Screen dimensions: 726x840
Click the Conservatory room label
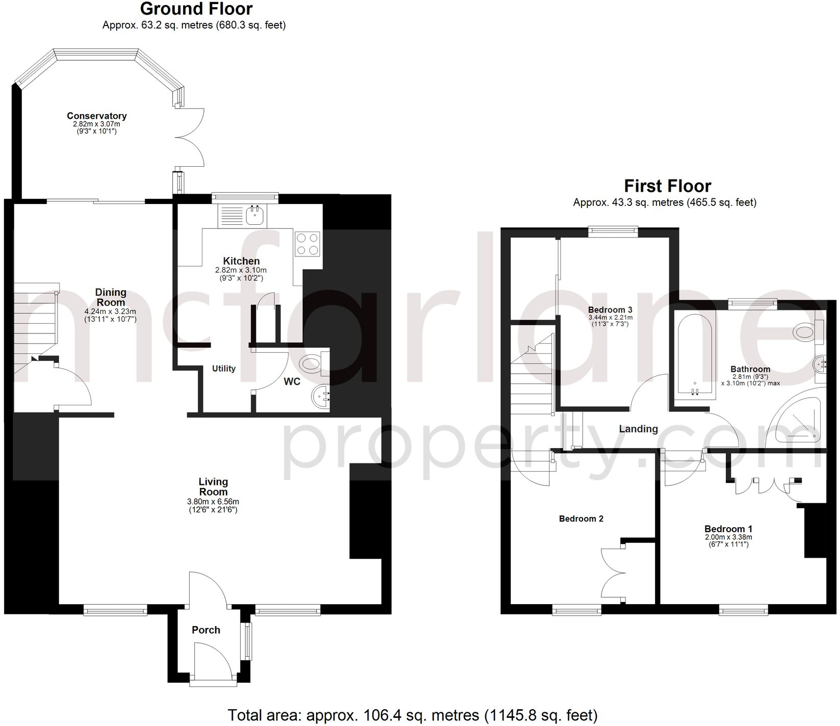point(96,116)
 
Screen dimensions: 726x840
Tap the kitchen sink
point(254,216)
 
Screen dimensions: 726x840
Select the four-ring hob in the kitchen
point(307,243)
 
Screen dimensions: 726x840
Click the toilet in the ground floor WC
point(311,364)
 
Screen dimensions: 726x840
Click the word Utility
point(224,369)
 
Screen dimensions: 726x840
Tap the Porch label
point(206,630)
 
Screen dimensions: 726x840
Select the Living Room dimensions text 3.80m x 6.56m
point(213,502)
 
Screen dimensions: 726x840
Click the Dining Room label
point(111,297)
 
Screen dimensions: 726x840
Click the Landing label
point(638,429)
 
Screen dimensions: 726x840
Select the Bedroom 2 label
point(581,518)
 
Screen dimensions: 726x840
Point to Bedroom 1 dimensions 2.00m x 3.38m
point(728,537)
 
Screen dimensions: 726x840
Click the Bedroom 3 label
point(610,309)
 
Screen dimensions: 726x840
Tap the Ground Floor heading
point(196,9)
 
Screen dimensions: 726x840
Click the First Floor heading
point(667,186)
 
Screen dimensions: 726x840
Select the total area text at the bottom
point(412,715)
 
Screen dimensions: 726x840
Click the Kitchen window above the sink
point(245,196)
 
